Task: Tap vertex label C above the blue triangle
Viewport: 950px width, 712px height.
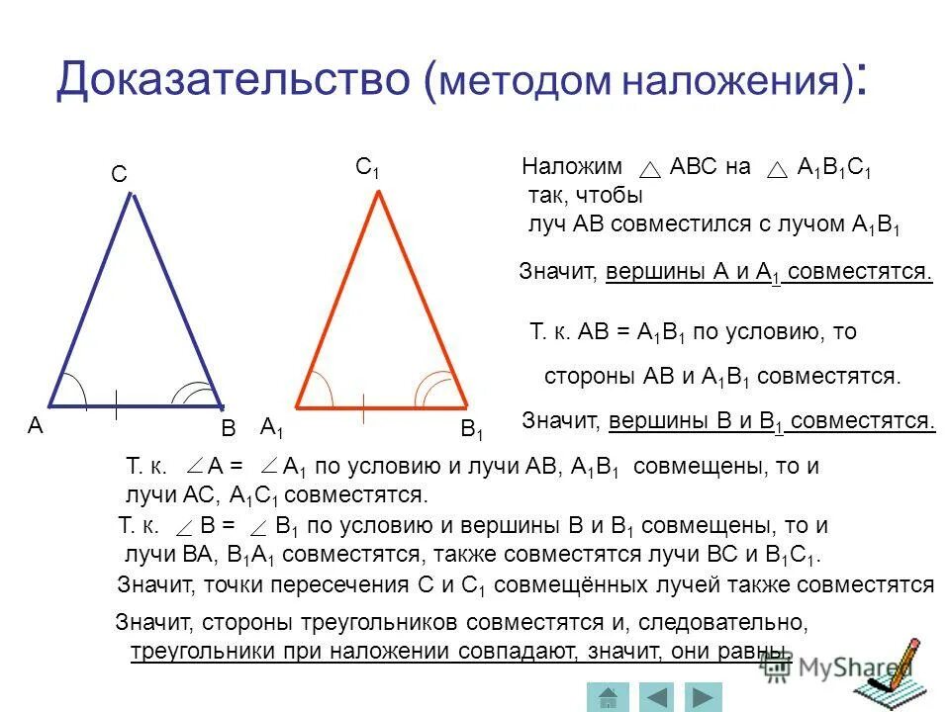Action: pyautogui.click(x=119, y=175)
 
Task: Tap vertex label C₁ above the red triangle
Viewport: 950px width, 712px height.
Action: pyautogui.click(x=368, y=168)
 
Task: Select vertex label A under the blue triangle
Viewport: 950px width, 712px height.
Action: pyautogui.click(x=36, y=426)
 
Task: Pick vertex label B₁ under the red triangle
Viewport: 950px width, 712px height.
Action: pyautogui.click(x=473, y=430)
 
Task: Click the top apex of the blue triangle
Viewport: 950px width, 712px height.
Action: pyautogui.click(x=129, y=195)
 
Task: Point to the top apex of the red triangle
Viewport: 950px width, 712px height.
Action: pyautogui.click(x=378, y=191)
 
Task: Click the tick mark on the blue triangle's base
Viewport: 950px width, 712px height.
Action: pyautogui.click(x=116, y=404)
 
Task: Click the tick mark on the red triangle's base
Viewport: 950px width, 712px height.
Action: pyautogui.click(x=365, y=405)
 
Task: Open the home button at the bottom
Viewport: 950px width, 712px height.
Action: pyautogui.click(x=609, y=696)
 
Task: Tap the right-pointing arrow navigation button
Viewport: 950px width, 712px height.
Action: pyautogui.click(x=704, y=696)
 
